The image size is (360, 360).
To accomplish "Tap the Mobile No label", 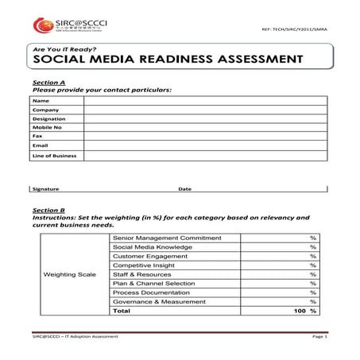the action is tap(47, 134).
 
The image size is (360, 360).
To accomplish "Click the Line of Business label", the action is tap(54, 156).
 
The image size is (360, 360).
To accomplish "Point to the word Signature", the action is tap(45, 189).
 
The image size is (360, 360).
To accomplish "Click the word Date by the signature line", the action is tap(184, 189).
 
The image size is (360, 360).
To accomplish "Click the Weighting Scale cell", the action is tap(69, 274).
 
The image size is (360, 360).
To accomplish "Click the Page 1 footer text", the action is tap(319, 337).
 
